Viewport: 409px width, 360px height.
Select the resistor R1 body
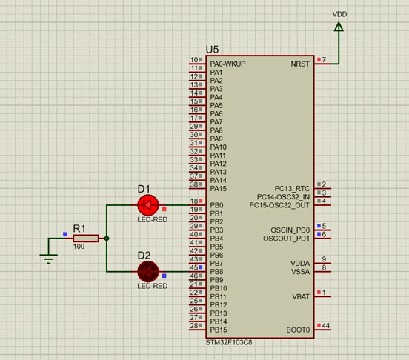86,239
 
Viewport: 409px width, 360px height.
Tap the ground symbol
49,257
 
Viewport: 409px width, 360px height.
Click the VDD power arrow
339,27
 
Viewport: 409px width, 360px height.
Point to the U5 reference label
213,49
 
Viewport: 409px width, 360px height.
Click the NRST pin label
301,64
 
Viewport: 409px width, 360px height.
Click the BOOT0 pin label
298,330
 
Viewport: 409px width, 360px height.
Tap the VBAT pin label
300,296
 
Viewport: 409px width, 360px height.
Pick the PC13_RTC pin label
291,189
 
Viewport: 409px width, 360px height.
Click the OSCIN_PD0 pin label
290,230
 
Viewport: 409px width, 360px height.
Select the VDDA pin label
300,264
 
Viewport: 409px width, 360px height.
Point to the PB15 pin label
218,330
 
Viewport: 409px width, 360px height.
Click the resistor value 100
79,247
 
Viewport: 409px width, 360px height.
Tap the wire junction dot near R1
107,239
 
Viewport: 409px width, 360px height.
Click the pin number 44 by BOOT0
325,326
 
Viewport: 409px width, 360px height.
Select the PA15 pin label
218,189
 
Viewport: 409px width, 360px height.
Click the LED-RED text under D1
152,220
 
